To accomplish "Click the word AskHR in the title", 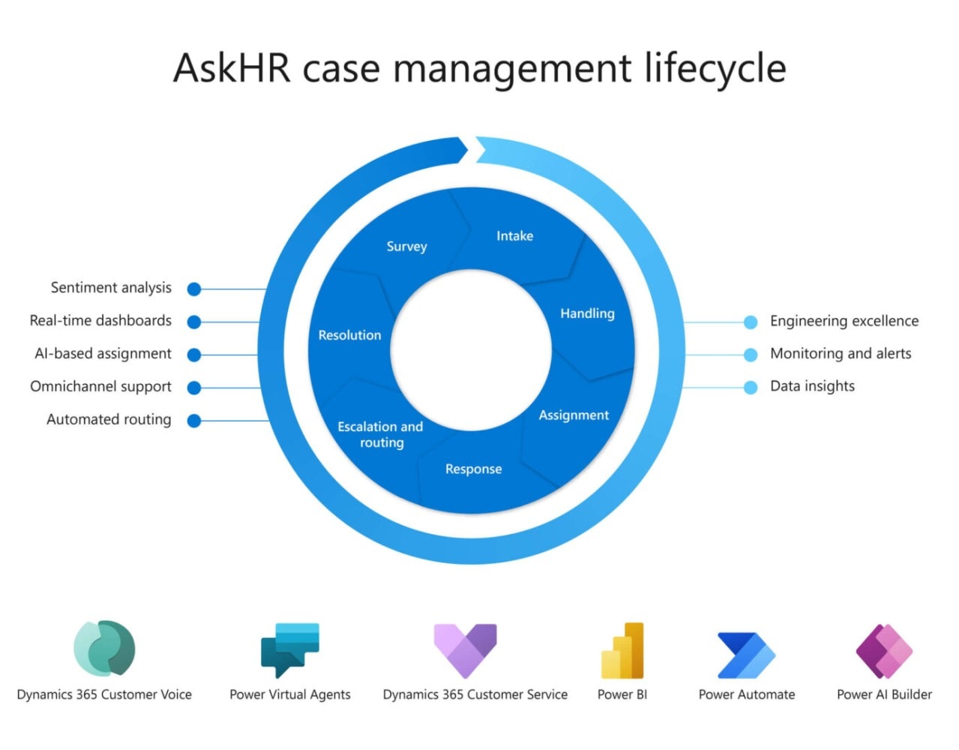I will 232,68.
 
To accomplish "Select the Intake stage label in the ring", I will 514,236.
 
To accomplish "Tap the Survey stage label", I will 406,247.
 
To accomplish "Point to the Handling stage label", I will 587,313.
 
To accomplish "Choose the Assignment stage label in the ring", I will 574,415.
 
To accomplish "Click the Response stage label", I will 473,469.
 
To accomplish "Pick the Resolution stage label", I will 349,335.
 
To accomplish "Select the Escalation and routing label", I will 381,435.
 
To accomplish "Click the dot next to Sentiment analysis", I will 194,289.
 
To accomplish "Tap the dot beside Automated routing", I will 194,421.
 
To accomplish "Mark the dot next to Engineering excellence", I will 751,322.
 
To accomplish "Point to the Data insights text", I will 812,386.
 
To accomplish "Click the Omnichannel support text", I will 100,387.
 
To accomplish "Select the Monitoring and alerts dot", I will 751,355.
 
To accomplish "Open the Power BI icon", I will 622,650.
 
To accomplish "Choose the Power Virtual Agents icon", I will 290,649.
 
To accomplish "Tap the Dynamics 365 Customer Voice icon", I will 104,649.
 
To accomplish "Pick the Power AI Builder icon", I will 884,651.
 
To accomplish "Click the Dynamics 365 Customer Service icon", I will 466,650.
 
